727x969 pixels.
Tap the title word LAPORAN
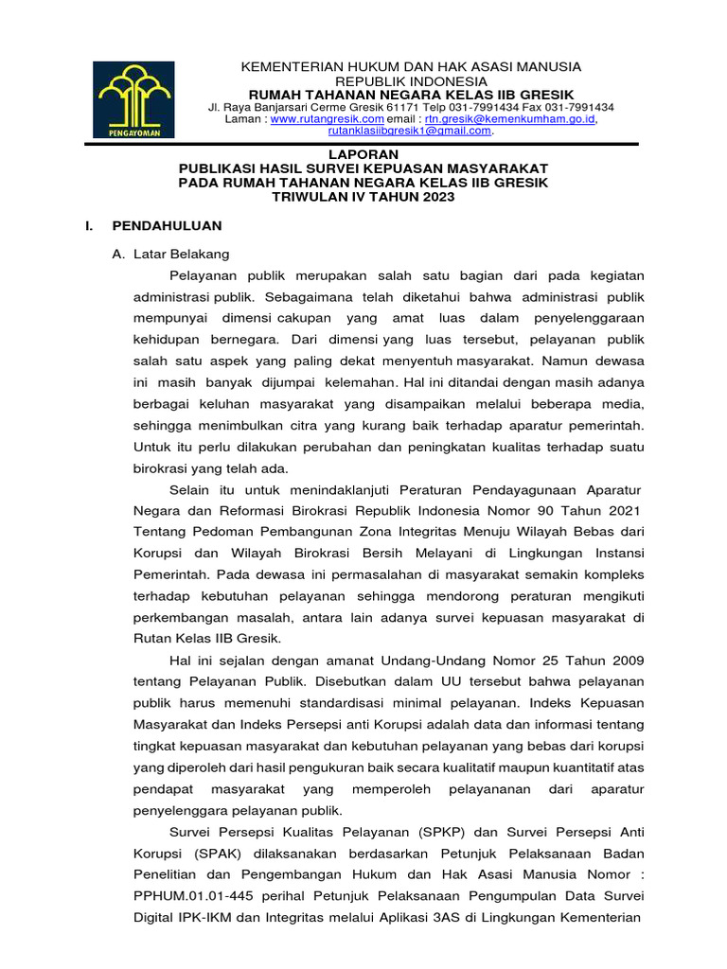point(363,154)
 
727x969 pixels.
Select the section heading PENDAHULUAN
point(167,226)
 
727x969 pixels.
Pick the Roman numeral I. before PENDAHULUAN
point(89,226)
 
